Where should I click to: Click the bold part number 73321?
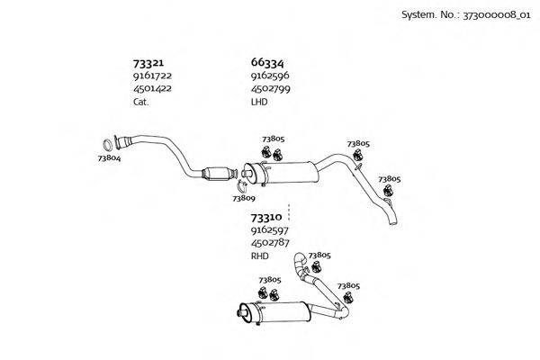(148, 63)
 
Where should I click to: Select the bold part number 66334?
(267, 63)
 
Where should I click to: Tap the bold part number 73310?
(266, 218)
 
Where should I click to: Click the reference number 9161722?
(152, 76)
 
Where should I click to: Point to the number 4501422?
(152, 88)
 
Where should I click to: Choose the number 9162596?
(270, 76)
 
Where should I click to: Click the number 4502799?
(270, 89)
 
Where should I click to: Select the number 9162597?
(270, 230)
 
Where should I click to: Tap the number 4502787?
(270, 243)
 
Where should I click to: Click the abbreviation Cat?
(141, 102)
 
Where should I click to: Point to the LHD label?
(259, 102)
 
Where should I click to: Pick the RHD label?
(260, 256)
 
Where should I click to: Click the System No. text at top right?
(466, 15)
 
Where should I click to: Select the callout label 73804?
(109, 158)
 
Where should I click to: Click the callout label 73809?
(244, 198)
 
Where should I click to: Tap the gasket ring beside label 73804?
(104, 145)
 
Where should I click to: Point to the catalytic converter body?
(217, 173)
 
